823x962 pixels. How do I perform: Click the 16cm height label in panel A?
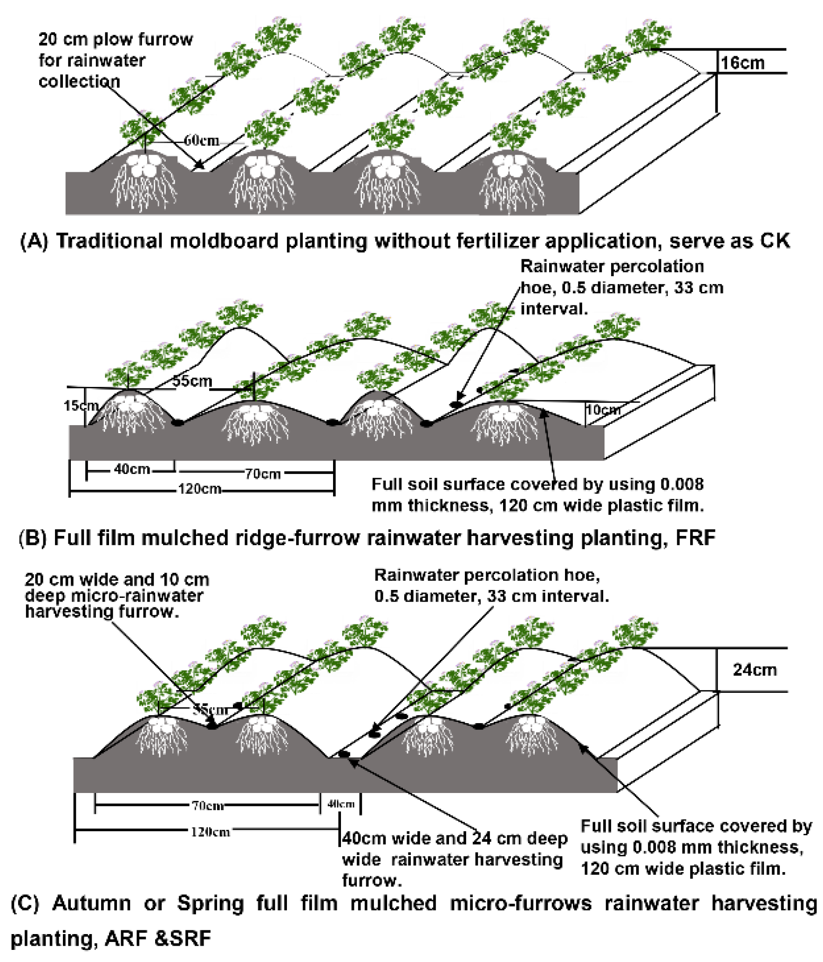742,63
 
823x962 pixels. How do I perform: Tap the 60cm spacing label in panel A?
201,140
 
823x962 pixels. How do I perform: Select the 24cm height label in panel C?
754,670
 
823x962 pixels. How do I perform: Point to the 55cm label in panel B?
192,381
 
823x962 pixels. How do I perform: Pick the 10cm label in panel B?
603,410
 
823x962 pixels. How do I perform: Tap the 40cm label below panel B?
132,469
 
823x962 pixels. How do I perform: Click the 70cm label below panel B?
263,474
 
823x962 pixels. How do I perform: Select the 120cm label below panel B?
199,489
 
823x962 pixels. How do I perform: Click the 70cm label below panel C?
208,806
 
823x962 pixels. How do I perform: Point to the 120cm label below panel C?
210,832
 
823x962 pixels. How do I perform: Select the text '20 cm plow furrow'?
115,40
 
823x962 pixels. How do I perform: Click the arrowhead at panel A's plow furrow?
199,165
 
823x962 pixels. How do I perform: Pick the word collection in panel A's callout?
79,81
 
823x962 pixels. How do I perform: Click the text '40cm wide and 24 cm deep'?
455,838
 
